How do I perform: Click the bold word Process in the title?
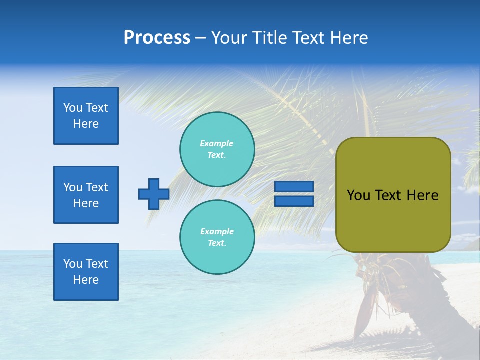(157, 38)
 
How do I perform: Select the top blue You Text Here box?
(86, 116)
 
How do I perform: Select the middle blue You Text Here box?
(86, 195)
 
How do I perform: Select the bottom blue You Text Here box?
(86, 272)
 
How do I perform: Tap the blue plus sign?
(154, 194)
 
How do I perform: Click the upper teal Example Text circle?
(217, 149)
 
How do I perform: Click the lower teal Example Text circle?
(217, 237)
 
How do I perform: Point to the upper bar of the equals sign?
(294, 187)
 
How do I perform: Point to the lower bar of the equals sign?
(294, 201)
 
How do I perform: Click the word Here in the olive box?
(422, 195)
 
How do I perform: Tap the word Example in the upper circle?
(217, 143)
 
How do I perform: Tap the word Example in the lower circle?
(217, 231)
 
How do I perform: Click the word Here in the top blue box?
(86, 124)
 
